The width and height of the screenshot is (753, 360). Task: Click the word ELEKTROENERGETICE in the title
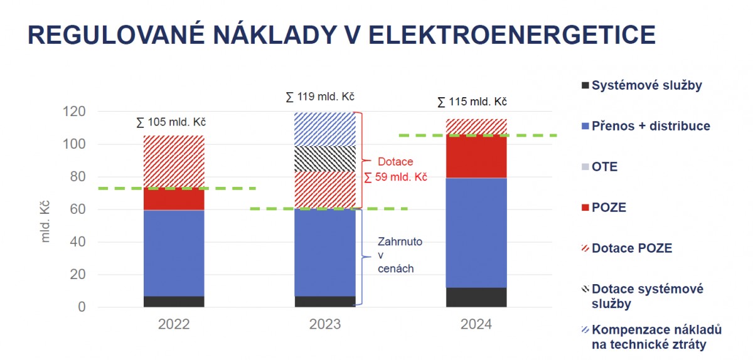pyautogui.click(x=512, y=34)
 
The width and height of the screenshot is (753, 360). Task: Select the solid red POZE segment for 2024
pyautogui.click(x=476, y=156)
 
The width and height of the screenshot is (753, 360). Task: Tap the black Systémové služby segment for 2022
pyautogui.click(x=174, y=302)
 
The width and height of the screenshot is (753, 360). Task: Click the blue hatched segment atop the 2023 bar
pyautogui.click(x=325, y=129)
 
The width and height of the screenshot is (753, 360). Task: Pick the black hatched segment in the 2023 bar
pyautogui.click(x=325, y=159)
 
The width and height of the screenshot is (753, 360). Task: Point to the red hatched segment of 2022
pyautogui.click(x=174, y=162)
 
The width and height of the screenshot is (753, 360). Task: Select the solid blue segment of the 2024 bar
pyautogui.click(x=476, y=233)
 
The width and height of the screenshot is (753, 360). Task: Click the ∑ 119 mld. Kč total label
pyautogui.click(x=320, y=97)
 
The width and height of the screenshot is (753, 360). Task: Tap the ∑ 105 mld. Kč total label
pyautogui.click(x=171, y=122)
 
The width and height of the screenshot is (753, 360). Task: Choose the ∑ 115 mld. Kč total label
pyautogui.click(x=472, y=102)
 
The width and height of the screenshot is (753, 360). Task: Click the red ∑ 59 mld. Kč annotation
pyautogui.click(x=396, y=177)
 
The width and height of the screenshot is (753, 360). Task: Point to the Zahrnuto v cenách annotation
pyautogui.click(x=400, y=255)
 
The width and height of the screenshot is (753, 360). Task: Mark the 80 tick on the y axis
pyautogui.click(x=78, y=177)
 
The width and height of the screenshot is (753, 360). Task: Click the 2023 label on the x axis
pyautogui.click(x=325, y=324)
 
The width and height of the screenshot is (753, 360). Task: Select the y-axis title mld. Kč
pyautogui.click(x=45, y=221)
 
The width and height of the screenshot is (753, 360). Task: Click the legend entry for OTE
pyautogui.click(x=599, y=167)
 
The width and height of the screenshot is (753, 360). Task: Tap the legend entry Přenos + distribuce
pyautogui.click(x=646, y=126)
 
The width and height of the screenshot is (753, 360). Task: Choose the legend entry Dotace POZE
pyautogui.click(x=627, y=248)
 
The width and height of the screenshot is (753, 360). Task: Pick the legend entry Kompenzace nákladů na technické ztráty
pyautogui.click(x=651, y=337)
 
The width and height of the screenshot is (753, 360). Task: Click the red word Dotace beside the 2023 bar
pyautogui.click(x=395, y=162)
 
